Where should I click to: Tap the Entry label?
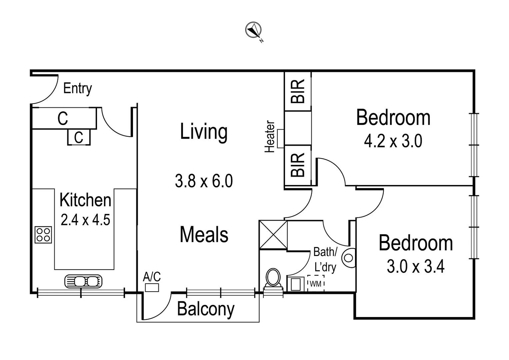coord(77,88)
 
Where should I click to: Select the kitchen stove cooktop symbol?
coord(43,235)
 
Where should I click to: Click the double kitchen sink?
coord(83,281)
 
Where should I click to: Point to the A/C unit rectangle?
coord(152,287)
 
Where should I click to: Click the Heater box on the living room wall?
coord(280,138)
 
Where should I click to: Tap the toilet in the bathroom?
coord(273,278)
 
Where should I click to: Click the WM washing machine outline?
coord(316,284)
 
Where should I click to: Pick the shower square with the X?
coord(273,235)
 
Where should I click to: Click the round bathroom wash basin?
coord(349,258)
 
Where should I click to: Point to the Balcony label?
coord(206,309)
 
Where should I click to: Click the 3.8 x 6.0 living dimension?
coord(204,181)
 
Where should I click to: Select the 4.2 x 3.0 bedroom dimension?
coord(393,141)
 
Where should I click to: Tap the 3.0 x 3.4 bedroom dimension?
coord(415,267)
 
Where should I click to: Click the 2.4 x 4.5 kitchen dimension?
coord(85,220)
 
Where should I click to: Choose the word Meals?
coord(204,234)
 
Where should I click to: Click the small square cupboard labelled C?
coord(79,137)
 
